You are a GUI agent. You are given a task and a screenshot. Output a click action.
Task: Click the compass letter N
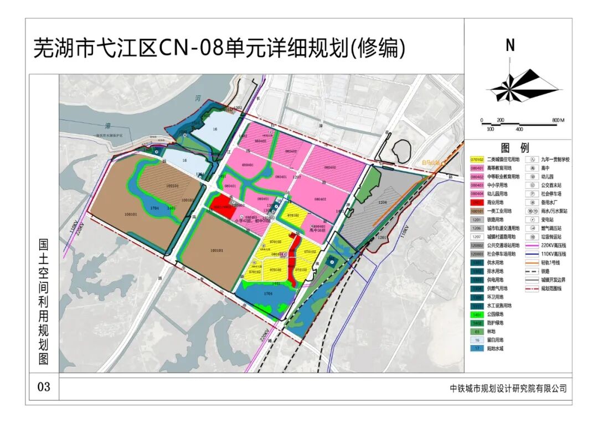(x=510, y=46)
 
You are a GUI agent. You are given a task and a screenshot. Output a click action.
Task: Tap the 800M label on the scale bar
(x=557, y=120)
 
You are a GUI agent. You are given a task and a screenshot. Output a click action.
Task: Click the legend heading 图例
(x=515, y=148)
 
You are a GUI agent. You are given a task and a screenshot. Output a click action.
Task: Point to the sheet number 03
(x=43, y=386)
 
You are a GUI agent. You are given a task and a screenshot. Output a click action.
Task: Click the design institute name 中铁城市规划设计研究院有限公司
(x=508, y=389)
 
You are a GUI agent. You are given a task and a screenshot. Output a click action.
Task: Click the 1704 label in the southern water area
(x=269, y=293)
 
